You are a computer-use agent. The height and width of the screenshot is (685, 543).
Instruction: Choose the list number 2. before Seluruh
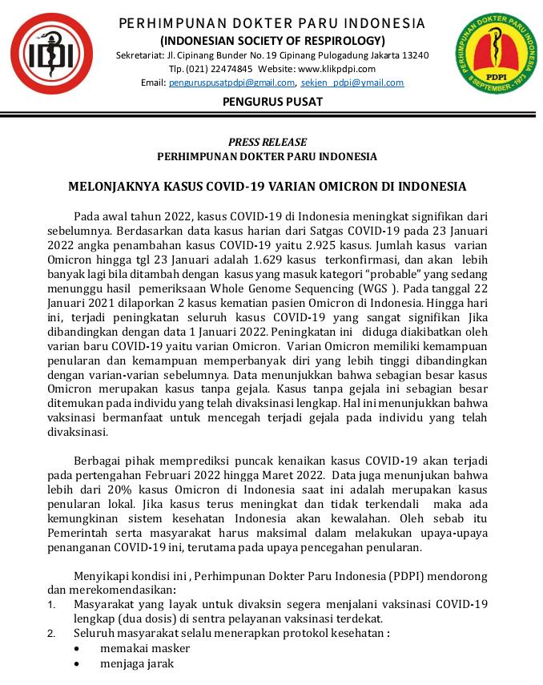[x=52, y=634]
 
